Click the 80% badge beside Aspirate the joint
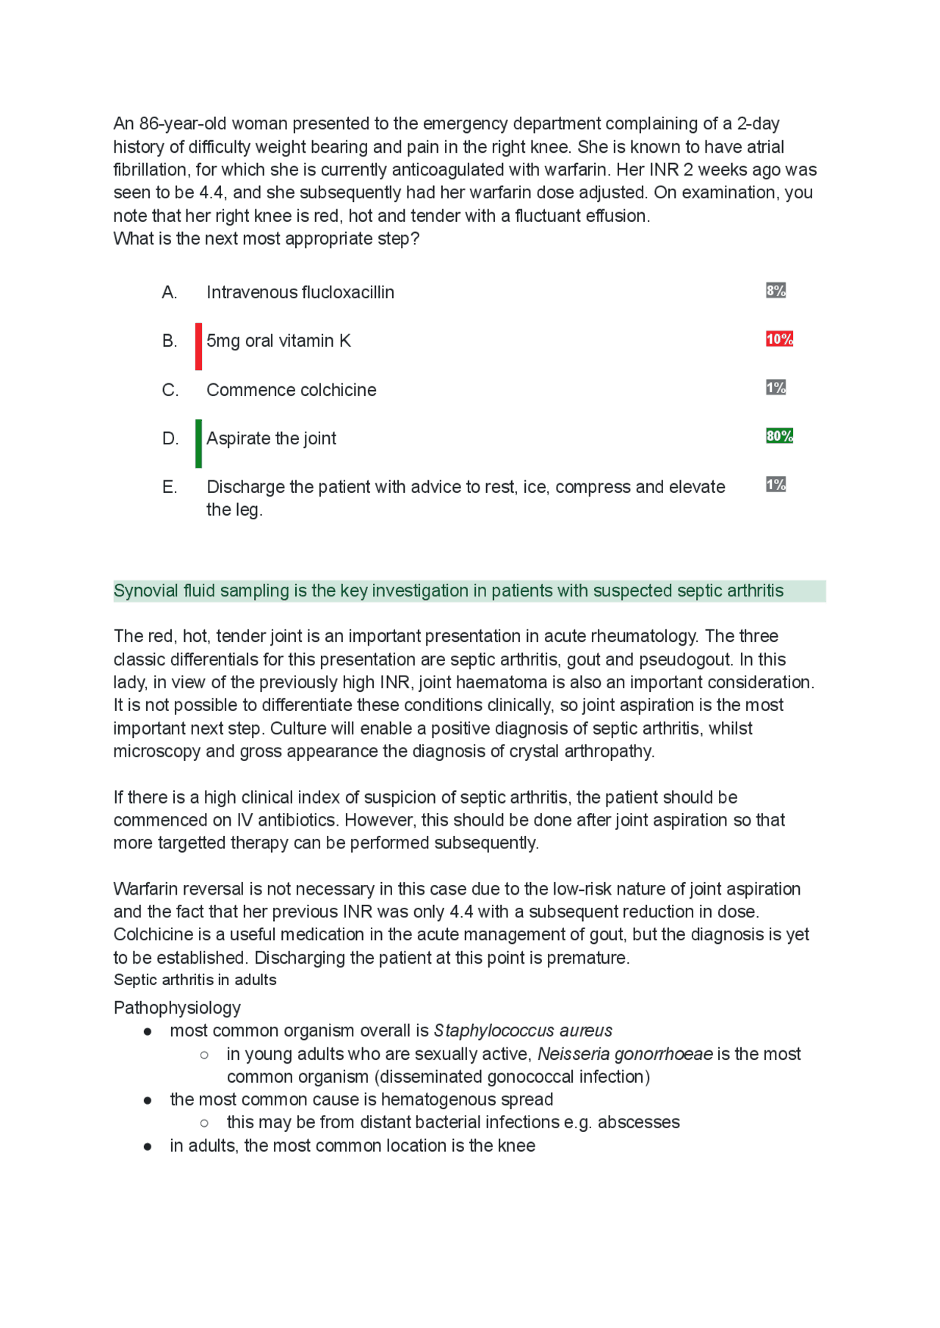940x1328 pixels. coord(778,436)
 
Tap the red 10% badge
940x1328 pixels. coord(778,339)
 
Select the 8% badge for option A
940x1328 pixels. coord(775,290)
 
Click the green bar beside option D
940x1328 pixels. coord(198,443)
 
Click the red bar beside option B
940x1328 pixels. coord(198,346)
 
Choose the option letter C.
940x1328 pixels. coord(170,390)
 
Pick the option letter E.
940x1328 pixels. coord(169,487)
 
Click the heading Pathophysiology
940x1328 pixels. coord(177,1008)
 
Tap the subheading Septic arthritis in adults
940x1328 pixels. coord(195,980)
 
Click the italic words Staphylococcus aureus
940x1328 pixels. coord(523,1031)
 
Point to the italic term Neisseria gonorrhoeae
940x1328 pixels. coord(625,1054)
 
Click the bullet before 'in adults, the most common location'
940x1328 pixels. coord(148,1146)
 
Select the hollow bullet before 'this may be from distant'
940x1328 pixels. coord(204,1122)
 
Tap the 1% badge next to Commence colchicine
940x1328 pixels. coord(775,387)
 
